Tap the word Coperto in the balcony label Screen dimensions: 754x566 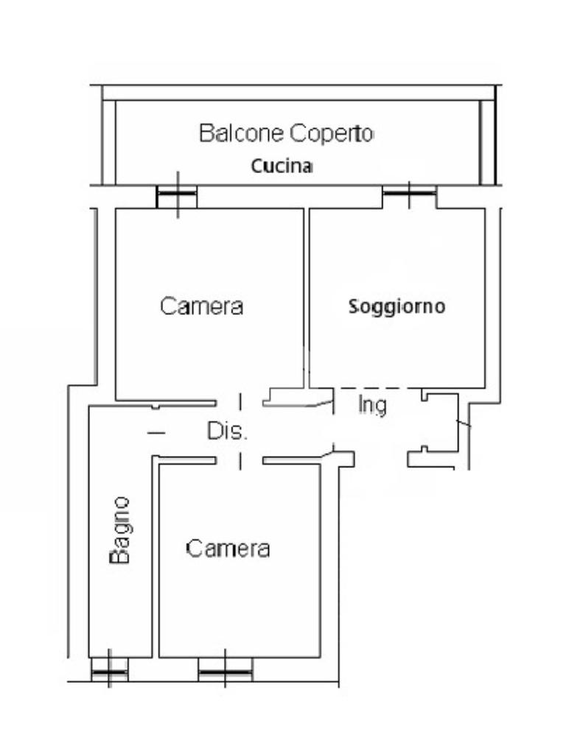pyautogui.click(x=331, y=133)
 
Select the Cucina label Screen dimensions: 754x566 pyautogui.click(x=282, y=166)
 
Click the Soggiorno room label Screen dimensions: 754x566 pyautogui.click(x=397, y=306)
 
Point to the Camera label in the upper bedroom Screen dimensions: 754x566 pyautogui.click(x=201, y=306)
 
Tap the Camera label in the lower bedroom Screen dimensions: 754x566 pyautogui.click(x=228, y=549)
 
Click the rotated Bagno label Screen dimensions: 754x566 pyautogui.click(x=119, y=530)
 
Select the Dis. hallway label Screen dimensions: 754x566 pyautogui.click(x=227, y=431)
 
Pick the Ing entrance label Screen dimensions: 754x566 pyautogui.click(x=372, y=406)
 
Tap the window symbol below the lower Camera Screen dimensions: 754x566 pyautogui.click(x=226, y=671)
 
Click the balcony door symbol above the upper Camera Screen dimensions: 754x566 pyautogui.click(x=177, y=195)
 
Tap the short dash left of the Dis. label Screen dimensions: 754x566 pyautogui.click(x=156, y=432)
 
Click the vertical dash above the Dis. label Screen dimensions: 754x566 pyautogui.click(x=240, y=402)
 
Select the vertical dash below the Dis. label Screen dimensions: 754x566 pyautogui.click(x=240, y=461)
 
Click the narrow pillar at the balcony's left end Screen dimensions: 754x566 pyautogui.click(x=109, y=142)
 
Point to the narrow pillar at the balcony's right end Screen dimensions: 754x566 pyautogui.click(x=487, y=142)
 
